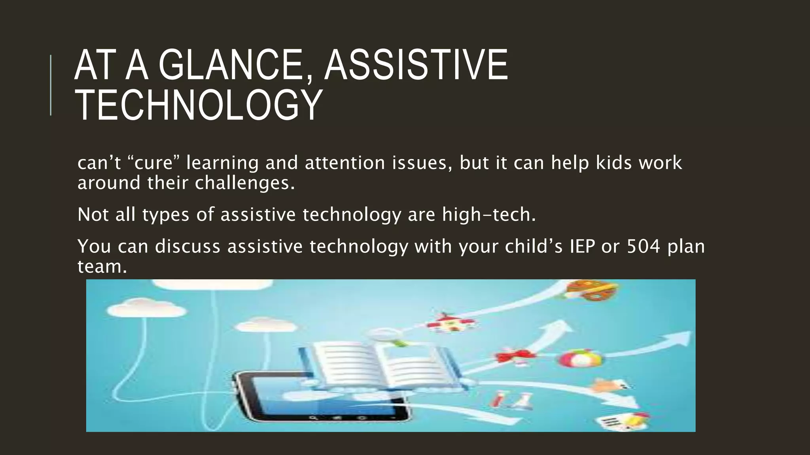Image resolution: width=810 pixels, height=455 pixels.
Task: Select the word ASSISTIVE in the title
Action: (416, 66)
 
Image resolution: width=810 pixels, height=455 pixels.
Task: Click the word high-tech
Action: (488, 215)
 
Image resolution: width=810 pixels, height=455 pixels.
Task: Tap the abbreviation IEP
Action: (582, 246)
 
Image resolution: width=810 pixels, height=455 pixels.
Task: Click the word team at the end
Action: (102, 267)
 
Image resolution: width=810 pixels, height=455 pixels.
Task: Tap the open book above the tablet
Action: (380, 363)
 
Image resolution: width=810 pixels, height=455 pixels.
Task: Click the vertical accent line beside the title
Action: (51, 85)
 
